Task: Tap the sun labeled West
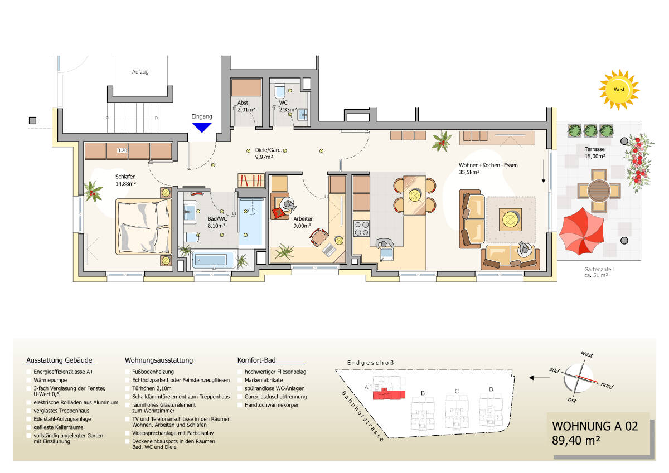(619, 89)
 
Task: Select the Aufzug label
(140, 72)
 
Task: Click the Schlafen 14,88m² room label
(126, 179)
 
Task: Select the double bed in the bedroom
(143, 226)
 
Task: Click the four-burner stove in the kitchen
(361, 228)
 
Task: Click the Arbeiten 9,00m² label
(303, 222)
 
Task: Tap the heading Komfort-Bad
(256, 360)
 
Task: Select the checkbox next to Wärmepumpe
(29, 380)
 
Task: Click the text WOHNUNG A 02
(594, 426)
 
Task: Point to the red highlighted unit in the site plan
(389, 394)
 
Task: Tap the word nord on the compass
(608, 386)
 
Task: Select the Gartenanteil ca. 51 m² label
(599, 272)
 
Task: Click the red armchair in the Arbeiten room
(279, 211)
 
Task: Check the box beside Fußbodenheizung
(128, 372)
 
